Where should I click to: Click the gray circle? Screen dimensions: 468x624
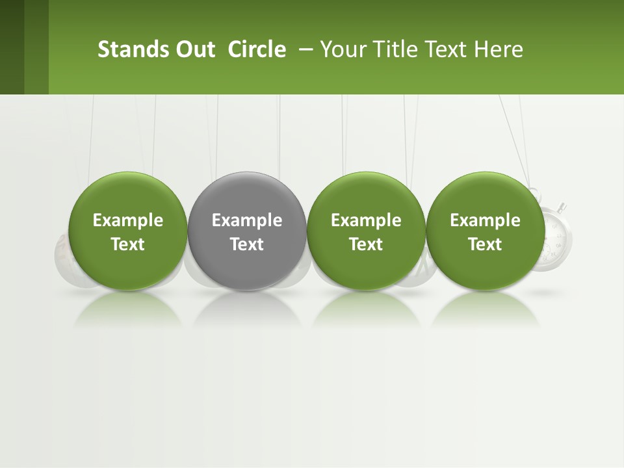[247, 195]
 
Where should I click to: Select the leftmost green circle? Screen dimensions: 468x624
[127, 195]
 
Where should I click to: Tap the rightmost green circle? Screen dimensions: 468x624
[485, 195]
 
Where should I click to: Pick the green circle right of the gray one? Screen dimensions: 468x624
[366, 195]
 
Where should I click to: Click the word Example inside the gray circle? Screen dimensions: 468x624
[247, 220]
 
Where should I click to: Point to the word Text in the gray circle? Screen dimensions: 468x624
[247, 244]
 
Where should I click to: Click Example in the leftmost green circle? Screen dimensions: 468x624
[127, 220]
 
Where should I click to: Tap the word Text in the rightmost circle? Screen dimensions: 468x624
[485, 244]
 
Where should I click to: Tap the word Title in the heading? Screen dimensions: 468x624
[390, 49]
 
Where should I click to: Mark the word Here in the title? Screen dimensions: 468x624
[498, 49]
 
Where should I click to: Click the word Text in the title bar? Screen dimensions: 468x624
[444, 49]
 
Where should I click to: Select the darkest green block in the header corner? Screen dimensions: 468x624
[12, 47]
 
